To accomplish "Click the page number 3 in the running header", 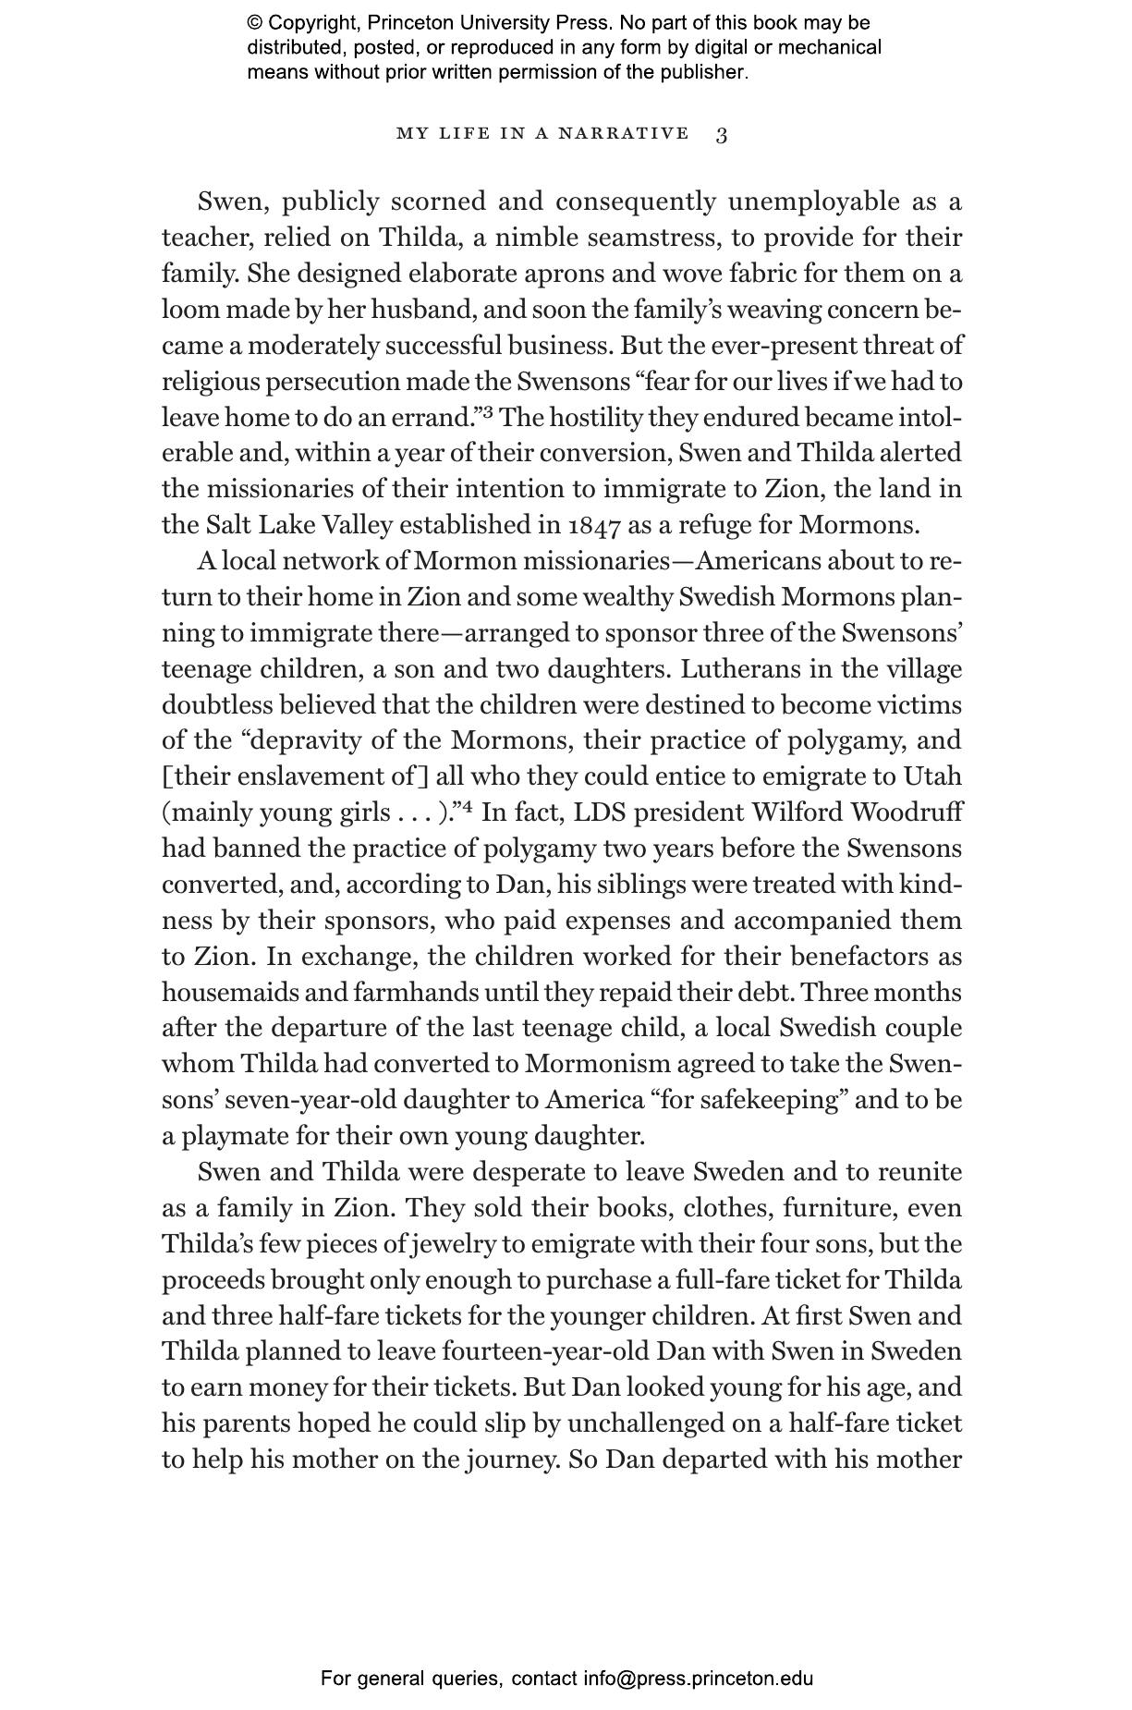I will [722, 135].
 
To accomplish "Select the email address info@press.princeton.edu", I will [698, 1679].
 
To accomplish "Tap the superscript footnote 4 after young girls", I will [468, 807].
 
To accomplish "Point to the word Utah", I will [932, 776].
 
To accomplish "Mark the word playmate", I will [222, 1137].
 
